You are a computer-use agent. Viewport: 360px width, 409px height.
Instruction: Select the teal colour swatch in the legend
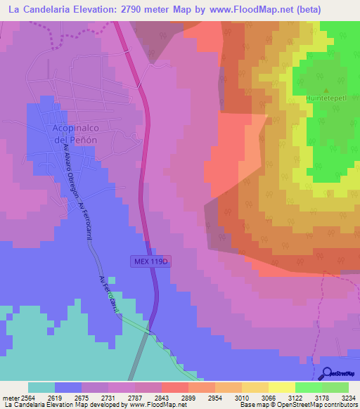(x=41, y=387)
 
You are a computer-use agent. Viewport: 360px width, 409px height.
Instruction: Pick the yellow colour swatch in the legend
(x=281, y=387)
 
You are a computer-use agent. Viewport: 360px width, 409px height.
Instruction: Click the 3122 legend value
(x=295, y=398)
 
